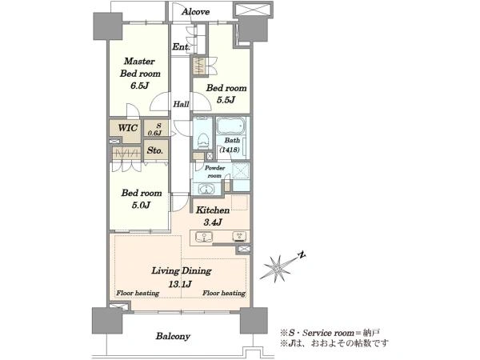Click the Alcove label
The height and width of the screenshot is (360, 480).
pos(195,12)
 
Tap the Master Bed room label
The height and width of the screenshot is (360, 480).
pos(140,67)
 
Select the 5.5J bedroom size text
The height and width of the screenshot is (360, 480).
pos(226,100)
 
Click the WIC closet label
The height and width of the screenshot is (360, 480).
pos(128,128)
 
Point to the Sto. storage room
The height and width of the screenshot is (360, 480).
pos(155,150)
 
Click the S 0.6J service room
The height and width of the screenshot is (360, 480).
pos(155,129)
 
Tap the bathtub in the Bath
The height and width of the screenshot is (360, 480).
pos(231,126)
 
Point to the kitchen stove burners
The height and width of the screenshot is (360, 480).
pos(240,237)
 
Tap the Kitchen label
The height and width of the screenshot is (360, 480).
pos(213,210)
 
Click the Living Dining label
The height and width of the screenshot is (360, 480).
pos(182,270)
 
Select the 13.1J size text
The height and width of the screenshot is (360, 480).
pos(180,284)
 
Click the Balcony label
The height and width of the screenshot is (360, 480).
pos(173,336)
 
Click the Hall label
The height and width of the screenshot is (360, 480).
pos(181,104)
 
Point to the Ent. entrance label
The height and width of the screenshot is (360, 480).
pos(182,47)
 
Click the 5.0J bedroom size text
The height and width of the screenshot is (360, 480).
pos(141,205)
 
